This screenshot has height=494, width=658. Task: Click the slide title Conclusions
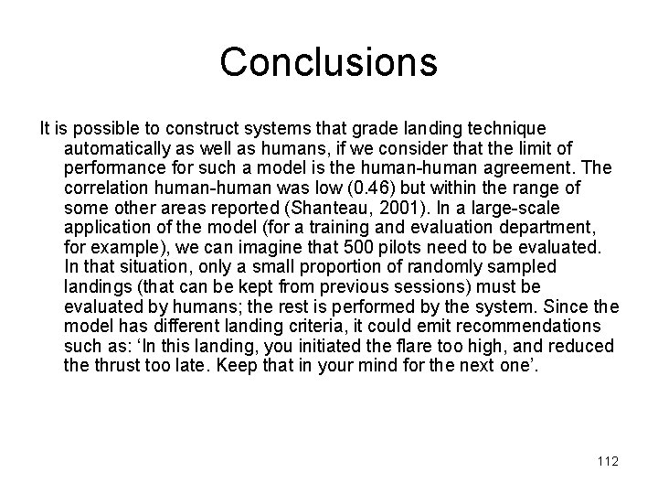coord(329,62)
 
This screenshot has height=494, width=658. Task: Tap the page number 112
coord(606,461)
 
